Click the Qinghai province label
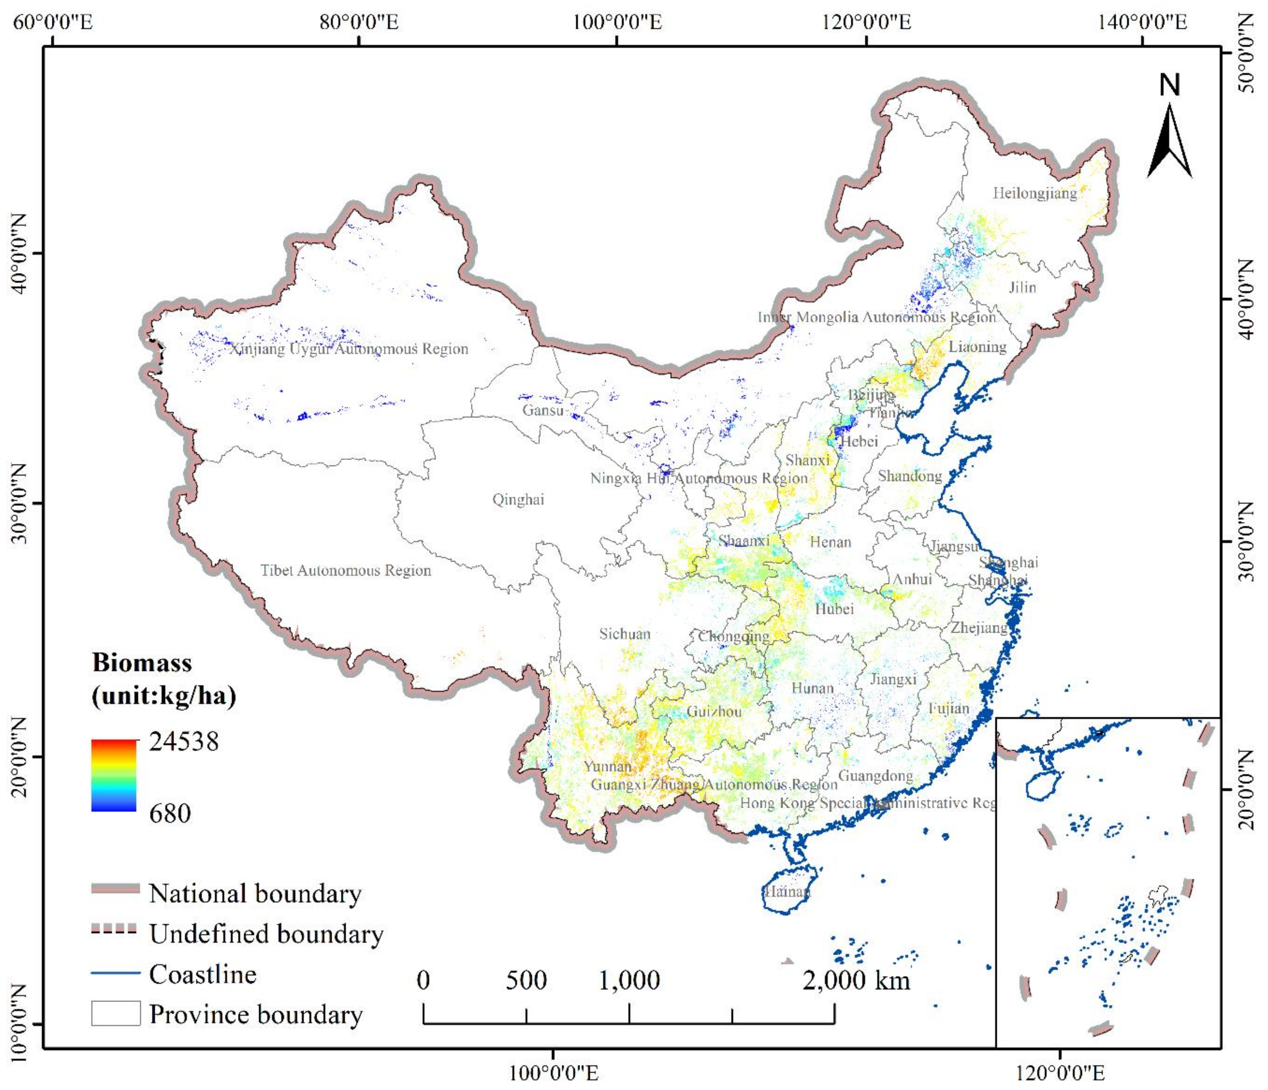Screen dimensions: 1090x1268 (x=518, y=500)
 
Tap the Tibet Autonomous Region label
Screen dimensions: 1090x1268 (x=346, y=571)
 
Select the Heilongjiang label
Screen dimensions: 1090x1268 (x=1034, y=193)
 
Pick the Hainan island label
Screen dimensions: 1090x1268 (x=787, y=891)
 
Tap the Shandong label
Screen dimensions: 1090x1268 (x=909, y=476)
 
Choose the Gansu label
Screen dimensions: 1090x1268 (x=542, y=410)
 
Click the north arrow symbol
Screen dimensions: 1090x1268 (x=1169, y=142)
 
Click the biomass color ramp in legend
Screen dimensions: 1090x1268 (x=114, y=775)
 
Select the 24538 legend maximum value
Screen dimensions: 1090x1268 (x=184, y=742)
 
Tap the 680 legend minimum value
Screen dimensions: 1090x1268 (x=170, y=813)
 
